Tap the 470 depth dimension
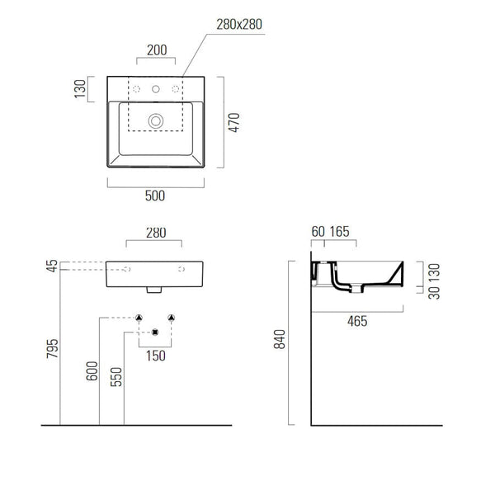234,122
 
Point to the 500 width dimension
155,196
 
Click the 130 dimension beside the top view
80,88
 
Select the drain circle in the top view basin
155,120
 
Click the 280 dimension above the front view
155,233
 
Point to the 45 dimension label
53,266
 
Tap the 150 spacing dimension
155,356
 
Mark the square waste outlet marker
155,332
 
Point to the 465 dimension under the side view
356,322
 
